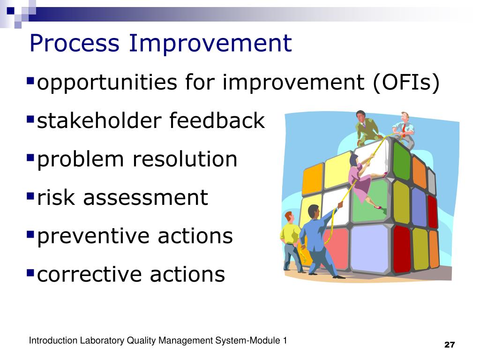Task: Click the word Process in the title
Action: [x=75, y=44]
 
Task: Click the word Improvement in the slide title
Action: [x=210, y=44]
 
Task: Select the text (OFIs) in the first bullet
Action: [x=406, y=83]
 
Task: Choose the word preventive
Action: [x=94, y=236]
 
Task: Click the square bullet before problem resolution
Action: [x=31, y=156]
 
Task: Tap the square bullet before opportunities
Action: [x=31, y=80]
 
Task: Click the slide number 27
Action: [x=450, y=345]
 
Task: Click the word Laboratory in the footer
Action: [x=102, y=341]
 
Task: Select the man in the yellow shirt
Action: [x=290, y=239]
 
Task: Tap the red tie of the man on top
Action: [x=403, y=128]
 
